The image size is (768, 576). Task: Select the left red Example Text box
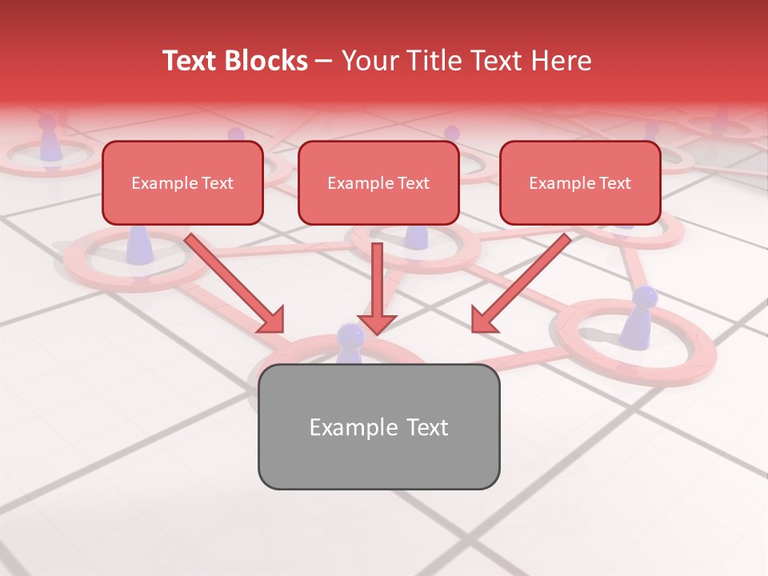pos(182,183)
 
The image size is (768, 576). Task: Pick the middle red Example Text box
pos(378,183)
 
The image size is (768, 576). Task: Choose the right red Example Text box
pos(580,183)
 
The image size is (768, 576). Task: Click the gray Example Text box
pos(378,426)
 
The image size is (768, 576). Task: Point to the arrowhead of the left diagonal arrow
pos(271,319)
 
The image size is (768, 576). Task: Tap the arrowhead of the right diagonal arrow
pos(484,319)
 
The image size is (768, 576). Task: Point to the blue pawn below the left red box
pos(140,244)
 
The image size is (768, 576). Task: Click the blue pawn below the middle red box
pos(416,237)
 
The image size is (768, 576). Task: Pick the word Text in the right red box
pos(614,183)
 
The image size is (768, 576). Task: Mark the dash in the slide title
pos(324,62)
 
